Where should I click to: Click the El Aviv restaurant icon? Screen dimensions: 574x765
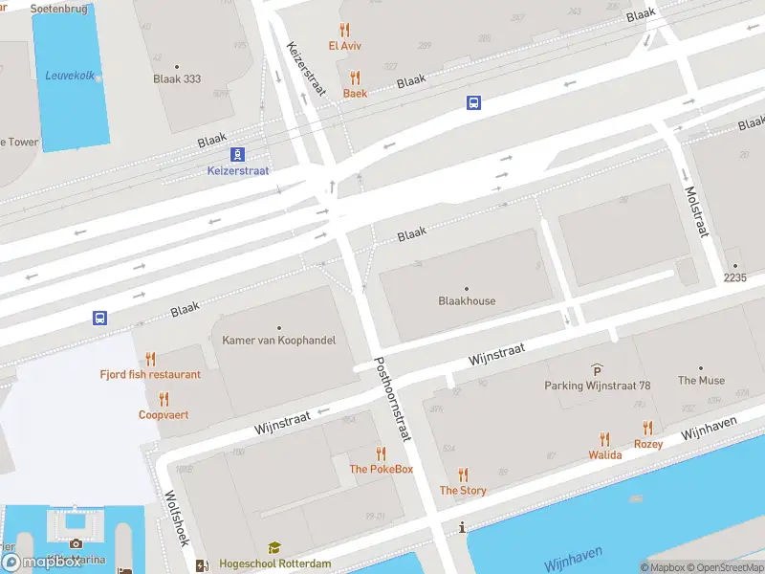click(x=344, y=30)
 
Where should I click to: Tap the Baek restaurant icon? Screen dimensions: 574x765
click(x=355, y=78)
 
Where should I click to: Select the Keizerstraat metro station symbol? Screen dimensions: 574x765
click(x=237, y=154)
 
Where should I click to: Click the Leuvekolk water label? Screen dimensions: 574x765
click(x=70, y=76)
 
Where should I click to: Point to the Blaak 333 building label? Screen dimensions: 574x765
click(x=177, y=79)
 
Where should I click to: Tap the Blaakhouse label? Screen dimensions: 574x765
click(x=467, y=300)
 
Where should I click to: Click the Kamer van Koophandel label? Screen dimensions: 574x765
click(x=278, y=341)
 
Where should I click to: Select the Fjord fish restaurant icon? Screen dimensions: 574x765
click(x=150, y=359)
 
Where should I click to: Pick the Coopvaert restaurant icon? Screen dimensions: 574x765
click(x=164, y=399)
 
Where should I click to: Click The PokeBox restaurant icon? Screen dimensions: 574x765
click(x=381, y=453)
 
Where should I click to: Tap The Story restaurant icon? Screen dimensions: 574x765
click(x=463, y=475)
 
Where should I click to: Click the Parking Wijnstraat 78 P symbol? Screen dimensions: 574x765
click(x=598, y=370)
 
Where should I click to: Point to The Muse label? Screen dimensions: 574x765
click(x=701, y=380)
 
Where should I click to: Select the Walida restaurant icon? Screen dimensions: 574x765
click(x=604, y=439)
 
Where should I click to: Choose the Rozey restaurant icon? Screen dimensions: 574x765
click(x=648, y=429)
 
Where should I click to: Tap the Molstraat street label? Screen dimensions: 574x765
click(x=694, y=210)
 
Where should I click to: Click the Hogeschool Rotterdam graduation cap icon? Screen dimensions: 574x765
click(x=274, y=548)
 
